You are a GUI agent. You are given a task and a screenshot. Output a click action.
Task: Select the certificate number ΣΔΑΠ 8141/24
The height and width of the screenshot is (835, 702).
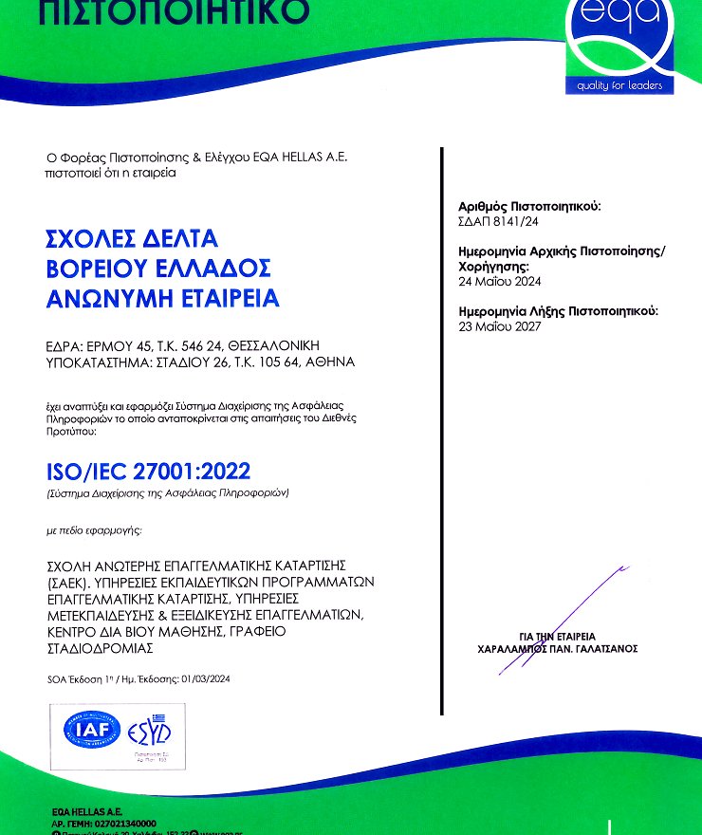(x=498, y=221)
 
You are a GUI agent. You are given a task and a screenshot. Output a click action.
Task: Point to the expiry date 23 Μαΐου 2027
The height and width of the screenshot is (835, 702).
(x=499, y=326)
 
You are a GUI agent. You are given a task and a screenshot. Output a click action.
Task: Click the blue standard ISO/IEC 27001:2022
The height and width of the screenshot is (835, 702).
(x=149, y=470)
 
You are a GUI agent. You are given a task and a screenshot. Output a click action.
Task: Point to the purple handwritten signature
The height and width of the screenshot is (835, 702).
(x=560, y=617)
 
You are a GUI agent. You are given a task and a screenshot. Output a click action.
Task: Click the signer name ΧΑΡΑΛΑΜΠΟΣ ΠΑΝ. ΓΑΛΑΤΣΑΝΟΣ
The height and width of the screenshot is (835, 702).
(x=558, y=649)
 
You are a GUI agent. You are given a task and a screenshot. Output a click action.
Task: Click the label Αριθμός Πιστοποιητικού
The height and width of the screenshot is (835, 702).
(x=529, y=206)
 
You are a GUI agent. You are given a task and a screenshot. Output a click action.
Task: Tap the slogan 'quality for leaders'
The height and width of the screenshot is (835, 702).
(x=619, y=87)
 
